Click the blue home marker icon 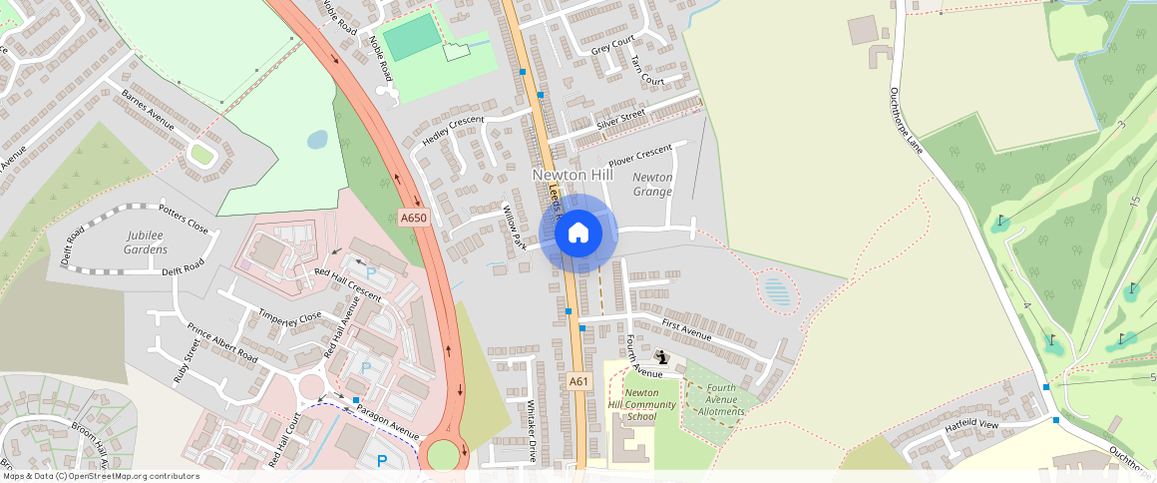pyautogui.click(x=578, y=234)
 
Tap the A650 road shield pyautogui.click(x=413, y=218)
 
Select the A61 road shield pyautogui.click(x=579, y=381)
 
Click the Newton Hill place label pyautogui.click(x=572, y=175)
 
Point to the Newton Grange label pyautogui.click(x=652, y=184)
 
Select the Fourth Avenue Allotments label pyautogui.click(x=721, y=399)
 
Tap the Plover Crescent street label pyautogui.click(x=640, y=155)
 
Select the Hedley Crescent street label pyautogui.click(x=452, y=131)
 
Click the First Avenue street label pyautogui.click(x=686, y=330)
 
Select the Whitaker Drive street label pyautogui.click(x=533, y=428)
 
